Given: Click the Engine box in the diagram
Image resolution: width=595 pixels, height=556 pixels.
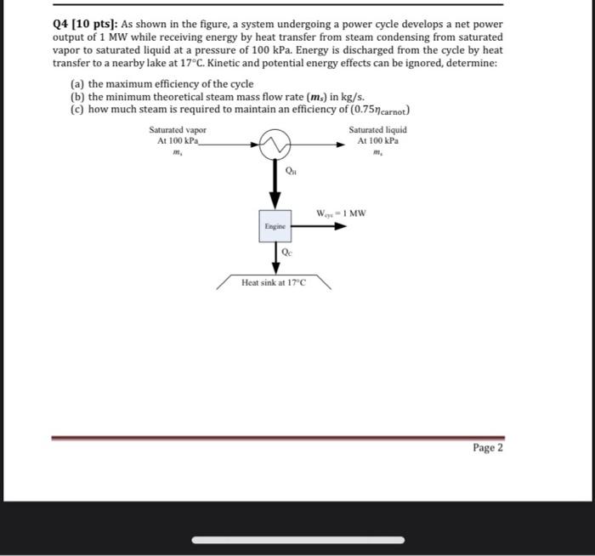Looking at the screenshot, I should (x=275, y=227).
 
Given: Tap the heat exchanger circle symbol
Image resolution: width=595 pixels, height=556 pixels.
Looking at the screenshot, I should (x=275, y=145).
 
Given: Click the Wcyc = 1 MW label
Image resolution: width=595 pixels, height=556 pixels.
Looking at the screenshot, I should (x=340, y=213).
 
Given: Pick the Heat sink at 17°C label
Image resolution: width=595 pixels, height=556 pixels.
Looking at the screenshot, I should (x=274, y=282).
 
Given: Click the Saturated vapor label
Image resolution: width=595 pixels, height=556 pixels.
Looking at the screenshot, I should (x=177, y=130).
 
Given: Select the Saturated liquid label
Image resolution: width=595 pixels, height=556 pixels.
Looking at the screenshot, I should (x=377, y=130).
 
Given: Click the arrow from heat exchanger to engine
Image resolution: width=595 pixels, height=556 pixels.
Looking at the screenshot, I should (x=275, y=183).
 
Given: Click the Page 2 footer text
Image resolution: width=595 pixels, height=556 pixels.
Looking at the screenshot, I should (x=487, y=447).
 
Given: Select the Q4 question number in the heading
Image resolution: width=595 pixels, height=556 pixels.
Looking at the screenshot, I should (x=63, y=25).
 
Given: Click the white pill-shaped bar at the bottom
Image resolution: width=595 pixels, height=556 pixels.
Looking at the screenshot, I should (x=297, y=539).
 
